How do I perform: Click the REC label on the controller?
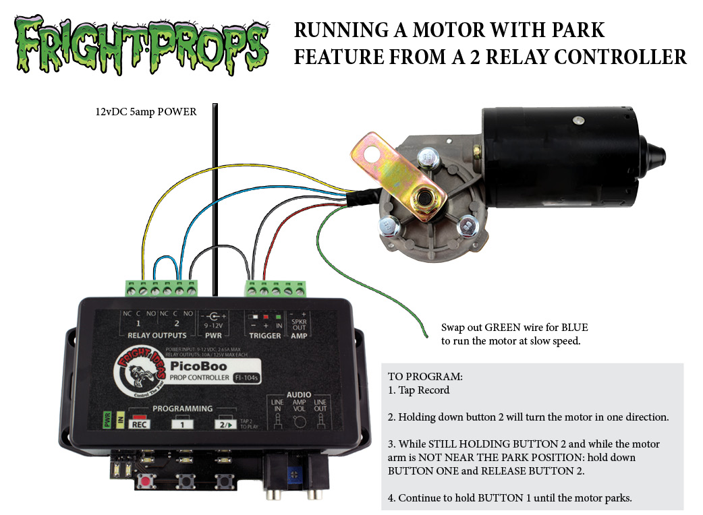(x=140, y=425)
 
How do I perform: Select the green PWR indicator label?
(x=106, y=419)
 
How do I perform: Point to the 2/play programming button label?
(x=224, y=425)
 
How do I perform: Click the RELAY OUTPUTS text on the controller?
(x=157, y=335)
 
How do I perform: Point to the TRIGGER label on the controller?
(x=264, y=335)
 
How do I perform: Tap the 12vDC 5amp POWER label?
(x=146, y=112)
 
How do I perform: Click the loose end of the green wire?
(x=424, y=336)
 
